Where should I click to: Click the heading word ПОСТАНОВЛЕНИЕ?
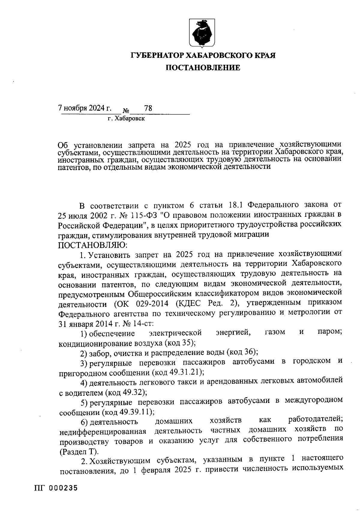pyautogui.click(x=203, y=68)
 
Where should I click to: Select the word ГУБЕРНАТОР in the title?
pyautogui.click(x=158, y=55)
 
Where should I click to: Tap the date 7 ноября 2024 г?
pyautogui.click(x=84, y=108)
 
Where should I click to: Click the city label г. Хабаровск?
pyautogui.click(x=126, y=119)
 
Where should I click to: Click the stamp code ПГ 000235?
pyautogui.click(x=56, y=488)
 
